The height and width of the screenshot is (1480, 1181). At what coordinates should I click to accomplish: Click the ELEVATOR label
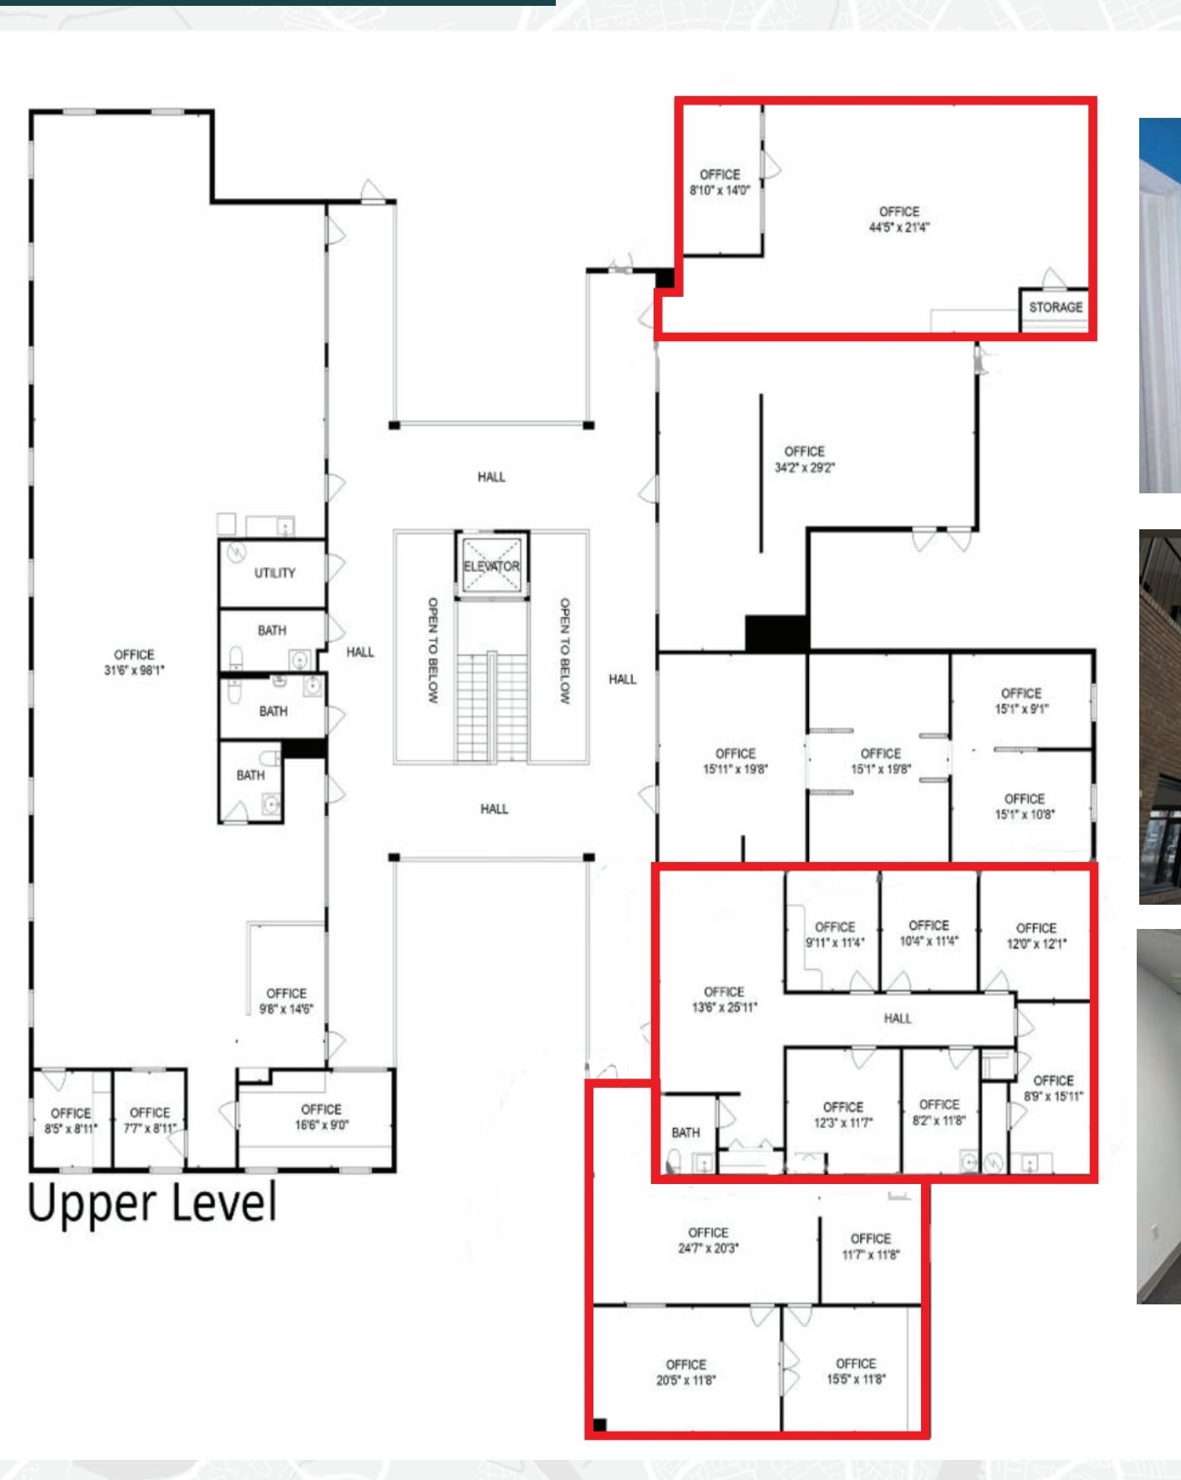click(x=491, y=566)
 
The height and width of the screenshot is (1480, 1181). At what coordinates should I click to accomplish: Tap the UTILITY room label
click(x=274, y=573)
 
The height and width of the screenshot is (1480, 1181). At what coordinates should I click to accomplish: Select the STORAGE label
click(x=1055, y=307)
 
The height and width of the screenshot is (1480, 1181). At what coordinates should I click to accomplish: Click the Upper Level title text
click(x=152, y=1204)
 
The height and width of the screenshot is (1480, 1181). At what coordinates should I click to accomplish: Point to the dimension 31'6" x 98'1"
click(x=134, y=670)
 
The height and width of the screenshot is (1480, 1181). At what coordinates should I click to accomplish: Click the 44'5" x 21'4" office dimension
click(x=898, y=227)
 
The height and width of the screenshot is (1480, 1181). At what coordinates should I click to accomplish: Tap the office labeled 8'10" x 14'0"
click(x=720, y=182)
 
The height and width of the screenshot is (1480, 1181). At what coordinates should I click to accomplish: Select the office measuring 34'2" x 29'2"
click(x=804, y=459)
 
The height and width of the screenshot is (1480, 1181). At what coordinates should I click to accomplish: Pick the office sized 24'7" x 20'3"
click(x=708, y=1240)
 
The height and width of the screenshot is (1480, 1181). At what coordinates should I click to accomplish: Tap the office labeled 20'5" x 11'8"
click(x=685, y=1372)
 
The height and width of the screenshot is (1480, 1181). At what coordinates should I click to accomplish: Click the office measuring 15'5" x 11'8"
click(x=856, y=1371)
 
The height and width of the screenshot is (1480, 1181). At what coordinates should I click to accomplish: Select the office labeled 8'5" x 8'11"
click(x=70, y=1120)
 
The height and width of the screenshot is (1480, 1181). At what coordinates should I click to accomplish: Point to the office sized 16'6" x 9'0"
click(x=321, y=1117)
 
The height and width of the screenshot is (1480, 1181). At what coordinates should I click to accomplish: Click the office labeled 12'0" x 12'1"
click(x=1036, y=936)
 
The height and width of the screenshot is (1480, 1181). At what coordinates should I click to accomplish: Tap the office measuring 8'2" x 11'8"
click(x=939, y=1112)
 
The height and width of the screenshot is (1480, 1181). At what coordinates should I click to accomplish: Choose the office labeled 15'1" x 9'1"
click(x=1021, y=701)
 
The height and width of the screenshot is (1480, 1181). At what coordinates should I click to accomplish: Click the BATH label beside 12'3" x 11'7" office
click(x=685, y=1132)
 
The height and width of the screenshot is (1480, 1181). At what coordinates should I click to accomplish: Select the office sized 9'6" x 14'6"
click(x=286, y=1001)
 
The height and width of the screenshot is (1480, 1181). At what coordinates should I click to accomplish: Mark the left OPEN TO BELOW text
click(x=433, y=650)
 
